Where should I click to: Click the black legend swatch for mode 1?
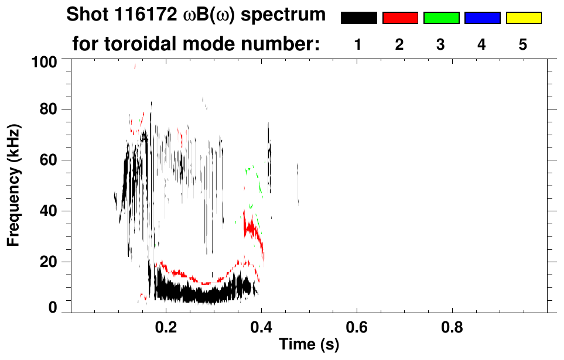pyautogui.click(x=358, y=18)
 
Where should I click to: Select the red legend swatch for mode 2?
pyautogui.click(x=400, y=18)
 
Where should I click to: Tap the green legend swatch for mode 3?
pyautogui.click(x=441, y=18)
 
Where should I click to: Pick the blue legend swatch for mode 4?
pyautogui.click(x=482, y=18)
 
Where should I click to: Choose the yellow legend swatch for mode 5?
pyautogui.click(x=523, y=18)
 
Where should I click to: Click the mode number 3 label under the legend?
pyautogui.click(x=441, y=44)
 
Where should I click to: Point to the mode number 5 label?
pyautogui.click(x=523, y=44)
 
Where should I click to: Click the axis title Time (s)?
pyautogui.click(x=309, y=345)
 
